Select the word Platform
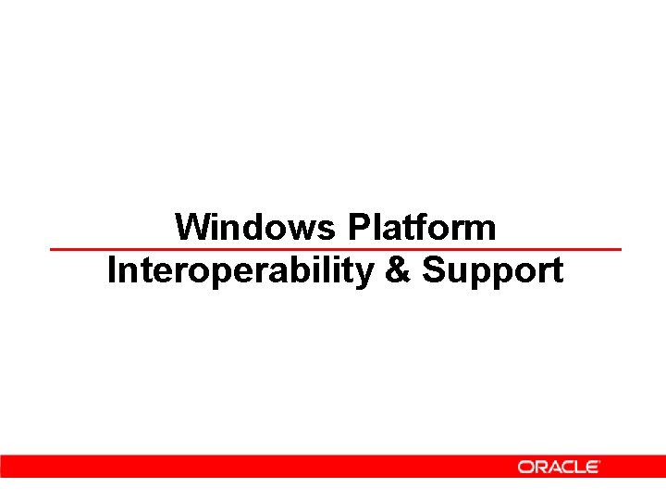click(x=422, y=227)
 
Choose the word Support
click(x=492, y=272)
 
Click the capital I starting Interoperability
click(x=113, y=271)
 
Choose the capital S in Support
click(x=433, y=271)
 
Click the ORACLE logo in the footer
click(x=559, y=467)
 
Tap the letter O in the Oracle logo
click(x=525, y=467)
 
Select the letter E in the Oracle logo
click(x=591, y=467)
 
